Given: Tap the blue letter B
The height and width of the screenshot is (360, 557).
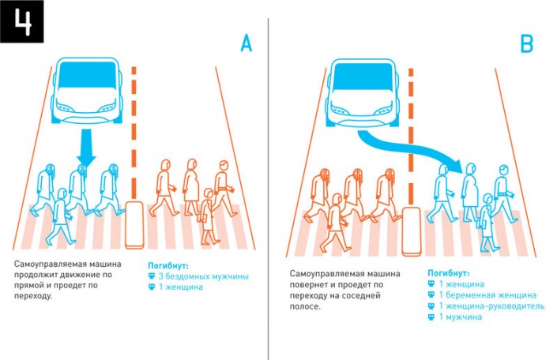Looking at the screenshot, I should click(526, 45).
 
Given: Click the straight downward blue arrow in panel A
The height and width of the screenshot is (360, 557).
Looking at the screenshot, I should click(86, 150).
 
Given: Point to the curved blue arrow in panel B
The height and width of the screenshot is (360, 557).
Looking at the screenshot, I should click(411, 152).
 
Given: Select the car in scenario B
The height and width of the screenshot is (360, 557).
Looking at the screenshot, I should click(362, 92).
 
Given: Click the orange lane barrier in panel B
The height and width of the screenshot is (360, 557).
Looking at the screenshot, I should click(410, 230).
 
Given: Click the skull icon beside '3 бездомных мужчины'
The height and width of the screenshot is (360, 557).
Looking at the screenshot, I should click(152, 276).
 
